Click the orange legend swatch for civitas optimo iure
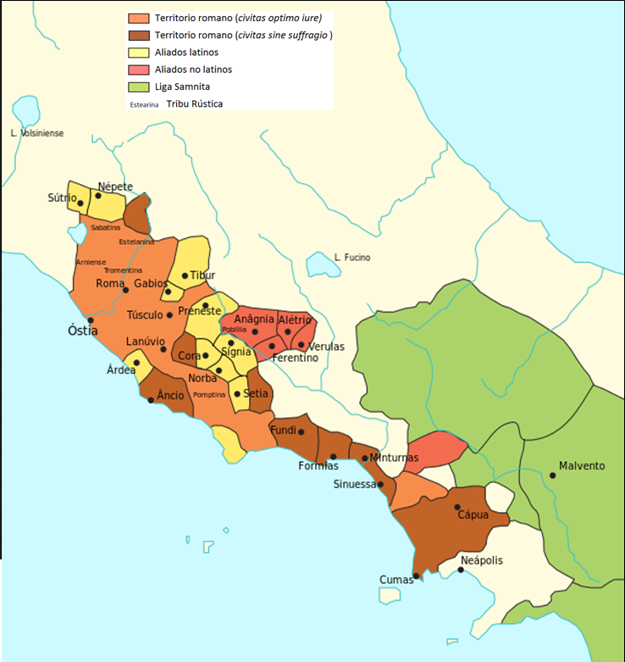pyautogui.click(x=139, y=17)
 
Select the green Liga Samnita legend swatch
pyautogui.click(x=139, y=86)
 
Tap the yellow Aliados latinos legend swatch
pyautogui.click(x=139, y=52)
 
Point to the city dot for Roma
pyautogui.click(x=126, y=290)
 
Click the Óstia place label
pyautogui.click(x=83, y=330)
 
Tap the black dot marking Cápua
pyautogui.click(x=457, y=507)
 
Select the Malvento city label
pyautogui.click(x=583, y=465)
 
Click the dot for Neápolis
pyautogui.click(x=461, y=570)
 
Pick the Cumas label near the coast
pyautogui.click(x=395, y=580)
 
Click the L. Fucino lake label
pyautogui.click(x=351, y=258)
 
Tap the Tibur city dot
pyautogui.click(x=185, y=275)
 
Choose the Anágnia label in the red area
pyautogui.click(x=254, y=320)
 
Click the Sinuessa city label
pyautogui.click(x=354, y=484)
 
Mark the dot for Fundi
pyautogui.click(x=301, y=431)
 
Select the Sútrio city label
pyautogui.click(x=62, y=197)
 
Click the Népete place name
pyautogui.click(x=115, y=186)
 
